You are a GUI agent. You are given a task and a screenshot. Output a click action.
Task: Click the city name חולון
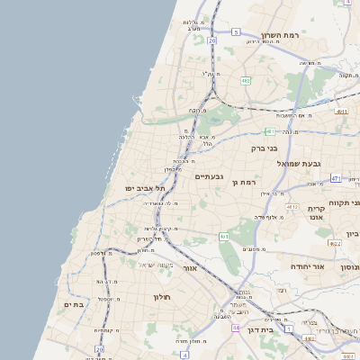[x=162, y=296]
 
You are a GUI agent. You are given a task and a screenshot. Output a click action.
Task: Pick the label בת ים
[x=73, y=305]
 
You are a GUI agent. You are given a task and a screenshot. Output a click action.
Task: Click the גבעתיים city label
[x=209, y=177]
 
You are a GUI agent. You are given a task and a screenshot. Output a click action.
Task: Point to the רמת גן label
[x=245, y=182]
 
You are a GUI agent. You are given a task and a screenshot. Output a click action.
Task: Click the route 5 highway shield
[x=236, y=31]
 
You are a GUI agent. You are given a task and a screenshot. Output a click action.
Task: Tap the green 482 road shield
[x=246, y=80]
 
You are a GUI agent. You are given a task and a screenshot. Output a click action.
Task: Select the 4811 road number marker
[x=341, y=111]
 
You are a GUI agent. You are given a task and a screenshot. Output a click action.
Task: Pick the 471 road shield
[x=335, y=178]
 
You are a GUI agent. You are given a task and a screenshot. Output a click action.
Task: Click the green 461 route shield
[x=224, y=237]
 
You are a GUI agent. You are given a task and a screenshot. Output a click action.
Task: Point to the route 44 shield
[x=236, y=328]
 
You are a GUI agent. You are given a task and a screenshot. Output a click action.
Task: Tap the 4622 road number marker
[x=335, y=243]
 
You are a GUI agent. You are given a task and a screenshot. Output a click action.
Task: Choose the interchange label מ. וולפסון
[x=100, y=253]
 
